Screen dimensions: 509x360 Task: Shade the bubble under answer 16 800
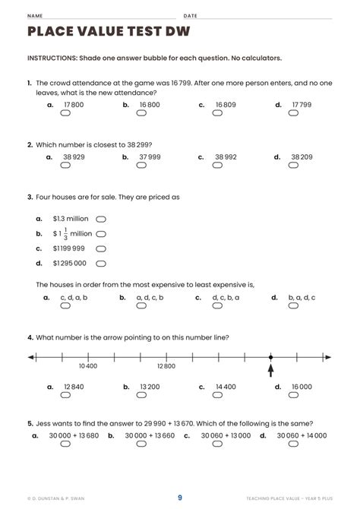(141, 113)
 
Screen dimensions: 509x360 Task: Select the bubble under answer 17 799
(294, 113)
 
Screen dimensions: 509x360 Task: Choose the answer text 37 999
(150, 157)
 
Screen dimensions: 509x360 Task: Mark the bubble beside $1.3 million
(101, 219)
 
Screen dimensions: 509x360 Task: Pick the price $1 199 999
(69, 248)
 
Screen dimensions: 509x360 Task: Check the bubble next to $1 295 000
(101, 263)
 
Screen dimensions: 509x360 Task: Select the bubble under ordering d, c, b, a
(218, 307)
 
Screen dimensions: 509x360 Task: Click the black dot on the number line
(270, 357)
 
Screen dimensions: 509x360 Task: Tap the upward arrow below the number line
(270, 370)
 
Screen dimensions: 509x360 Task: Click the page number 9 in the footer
(180, 498)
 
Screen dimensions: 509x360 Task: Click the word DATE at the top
(190, 15)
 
